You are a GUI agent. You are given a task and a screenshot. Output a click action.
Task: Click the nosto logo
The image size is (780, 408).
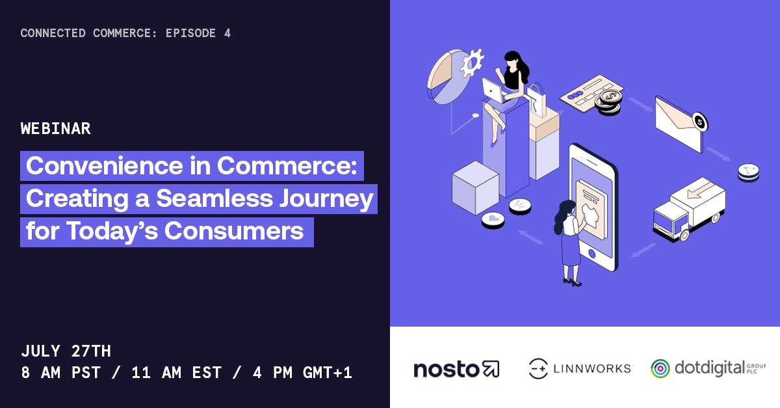pyautogui.click(x=456, y=369)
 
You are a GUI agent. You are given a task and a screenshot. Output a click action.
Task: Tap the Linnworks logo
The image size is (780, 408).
pyautogui.click(x=580, y=368)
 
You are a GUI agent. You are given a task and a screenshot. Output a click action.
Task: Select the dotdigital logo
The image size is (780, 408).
pyautogui.click(x=708, y=368)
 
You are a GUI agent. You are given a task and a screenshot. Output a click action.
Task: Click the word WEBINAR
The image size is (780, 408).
pyautogui.click(x=56, y=129)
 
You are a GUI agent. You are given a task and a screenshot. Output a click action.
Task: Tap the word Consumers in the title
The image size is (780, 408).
pyautogui.click(x=233, y=231)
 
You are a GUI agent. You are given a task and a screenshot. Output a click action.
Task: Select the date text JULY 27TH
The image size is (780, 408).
pyautogui.click(x=66, y=351)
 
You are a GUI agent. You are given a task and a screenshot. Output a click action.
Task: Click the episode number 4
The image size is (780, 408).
pyautogui.click(x=227, y=33)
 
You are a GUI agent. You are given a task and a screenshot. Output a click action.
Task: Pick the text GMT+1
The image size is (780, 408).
pyautogui.click(x=328, y=373)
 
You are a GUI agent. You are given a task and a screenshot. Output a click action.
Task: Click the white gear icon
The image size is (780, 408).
pyautogui.click(x=472, y=62)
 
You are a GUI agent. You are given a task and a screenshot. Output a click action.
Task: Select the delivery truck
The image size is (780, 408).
pyautogui.click(x=689, y=209)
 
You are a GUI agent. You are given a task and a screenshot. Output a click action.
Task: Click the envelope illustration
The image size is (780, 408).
pyautogui.click(x=679, y=124)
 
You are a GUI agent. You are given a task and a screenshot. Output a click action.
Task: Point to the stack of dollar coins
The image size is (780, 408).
pyautogui.click(x=608, y=102)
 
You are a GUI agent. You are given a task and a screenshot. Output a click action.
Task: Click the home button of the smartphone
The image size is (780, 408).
pyautogui.click(x=591, y=254)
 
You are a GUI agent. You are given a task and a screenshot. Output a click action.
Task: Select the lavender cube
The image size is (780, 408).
pyautogui.click(x=475, y=187)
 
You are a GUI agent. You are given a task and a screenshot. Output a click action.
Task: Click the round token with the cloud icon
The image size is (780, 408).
pyautogui.click(x=493, y=220)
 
